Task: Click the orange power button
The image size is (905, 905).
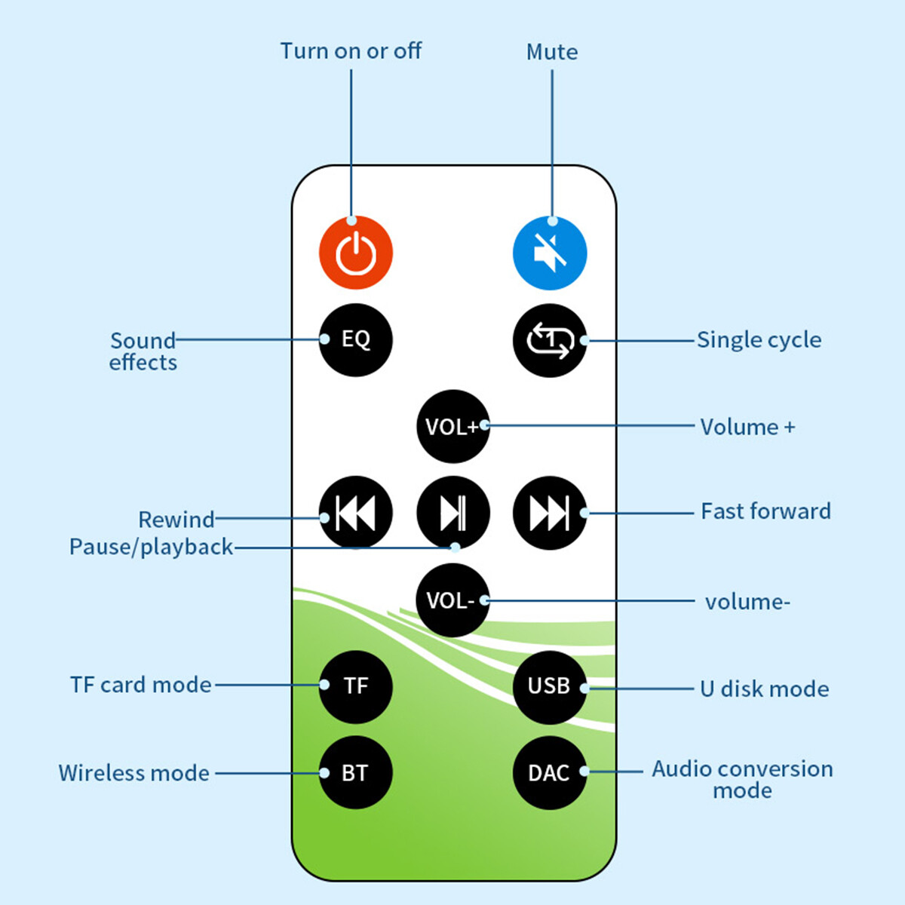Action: [355, 253]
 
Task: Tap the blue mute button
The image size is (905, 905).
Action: [550, 253]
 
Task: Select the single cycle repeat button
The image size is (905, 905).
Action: [550, 340]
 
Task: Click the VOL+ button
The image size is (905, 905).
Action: [452, 426]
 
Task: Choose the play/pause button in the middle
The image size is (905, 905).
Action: [452, 513]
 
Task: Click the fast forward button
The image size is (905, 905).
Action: [550, 513]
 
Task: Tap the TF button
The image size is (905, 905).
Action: [355, 686]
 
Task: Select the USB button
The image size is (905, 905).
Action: [550, 686]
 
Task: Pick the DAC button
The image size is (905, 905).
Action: [550, 773]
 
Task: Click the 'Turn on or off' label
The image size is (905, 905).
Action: [351, 51]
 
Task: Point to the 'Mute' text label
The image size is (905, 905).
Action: [552, 52]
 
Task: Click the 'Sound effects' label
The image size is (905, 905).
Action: [143, 351]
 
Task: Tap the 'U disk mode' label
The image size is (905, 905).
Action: [764, 689]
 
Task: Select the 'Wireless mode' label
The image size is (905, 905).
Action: [134, 773]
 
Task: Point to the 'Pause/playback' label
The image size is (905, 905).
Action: [151, 547]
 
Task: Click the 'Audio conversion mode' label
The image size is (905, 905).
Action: [742, 779]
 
